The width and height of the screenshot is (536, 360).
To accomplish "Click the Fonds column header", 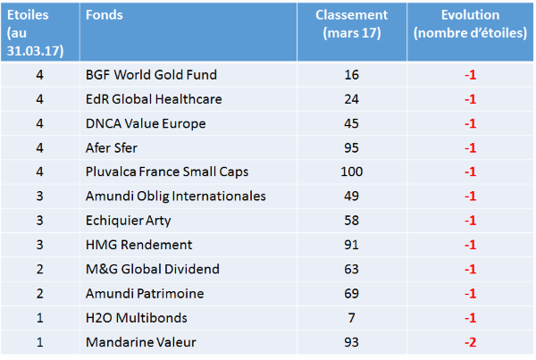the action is [105, 15].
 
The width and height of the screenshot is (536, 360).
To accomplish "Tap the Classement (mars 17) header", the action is [351, 24].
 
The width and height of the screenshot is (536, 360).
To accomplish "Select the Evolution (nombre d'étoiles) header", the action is [470, 24].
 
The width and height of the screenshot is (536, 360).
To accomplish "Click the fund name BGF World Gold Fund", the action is [151, 75].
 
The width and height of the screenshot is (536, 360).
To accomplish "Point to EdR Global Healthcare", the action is [154, 99].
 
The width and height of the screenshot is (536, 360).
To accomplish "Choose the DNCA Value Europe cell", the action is [146, 124].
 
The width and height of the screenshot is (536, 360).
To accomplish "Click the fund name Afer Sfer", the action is [112, 148].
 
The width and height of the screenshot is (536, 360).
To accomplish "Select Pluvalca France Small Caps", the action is [167, 172].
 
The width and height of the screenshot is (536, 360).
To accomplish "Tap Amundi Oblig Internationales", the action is [176, 197].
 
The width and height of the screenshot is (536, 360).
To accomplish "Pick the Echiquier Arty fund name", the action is [128, 221].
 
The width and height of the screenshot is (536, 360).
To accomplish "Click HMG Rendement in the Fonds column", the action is [138, 245].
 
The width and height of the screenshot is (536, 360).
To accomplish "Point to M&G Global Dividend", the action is [153, 270].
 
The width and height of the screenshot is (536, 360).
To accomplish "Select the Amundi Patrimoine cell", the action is [145, 294].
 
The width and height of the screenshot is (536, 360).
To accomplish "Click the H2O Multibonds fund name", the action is [137, 318].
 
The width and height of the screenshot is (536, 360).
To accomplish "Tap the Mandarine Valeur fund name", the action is [141, 342].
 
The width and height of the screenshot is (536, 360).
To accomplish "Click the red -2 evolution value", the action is [471, 342].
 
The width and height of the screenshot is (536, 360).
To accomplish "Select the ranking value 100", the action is [351, 172].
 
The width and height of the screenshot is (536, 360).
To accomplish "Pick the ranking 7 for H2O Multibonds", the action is [351, 318].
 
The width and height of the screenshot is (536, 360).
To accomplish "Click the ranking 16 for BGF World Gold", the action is [351, 75].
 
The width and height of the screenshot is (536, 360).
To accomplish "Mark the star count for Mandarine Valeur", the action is [40, 342].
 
